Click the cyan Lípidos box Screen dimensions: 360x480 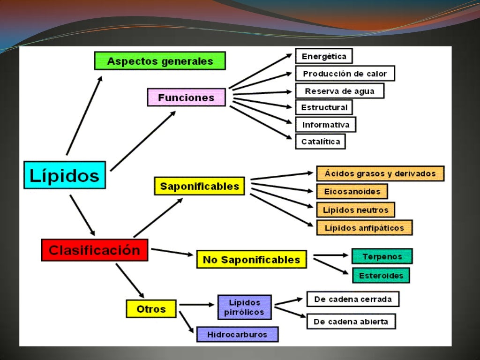[x=65, y=175]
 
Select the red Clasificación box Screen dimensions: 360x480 [x=94, y=250]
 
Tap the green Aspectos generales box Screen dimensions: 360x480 [x=160, y=61]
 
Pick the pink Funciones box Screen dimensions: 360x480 [x=186, y=97]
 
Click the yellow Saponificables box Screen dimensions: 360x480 [x=199, y=186]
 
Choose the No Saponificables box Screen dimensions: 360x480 [x=251, y=259]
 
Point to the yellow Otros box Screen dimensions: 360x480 [x=151, y=309]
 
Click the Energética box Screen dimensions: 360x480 [x=324, y=56]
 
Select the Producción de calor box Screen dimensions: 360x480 [x=345, y=74]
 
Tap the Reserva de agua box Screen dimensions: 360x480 [x=339, y=91]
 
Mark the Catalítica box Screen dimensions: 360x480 [x=320, y=142]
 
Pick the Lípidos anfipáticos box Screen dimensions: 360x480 [x=364, y=228]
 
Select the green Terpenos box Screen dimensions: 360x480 [x=382, y=256]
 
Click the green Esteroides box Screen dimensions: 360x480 [x=381, y=276]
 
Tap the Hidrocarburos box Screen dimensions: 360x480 [x=237, y=335]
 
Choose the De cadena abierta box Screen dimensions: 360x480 [x=351, y=322]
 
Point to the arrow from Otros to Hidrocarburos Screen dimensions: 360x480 [x=187, y=322]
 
